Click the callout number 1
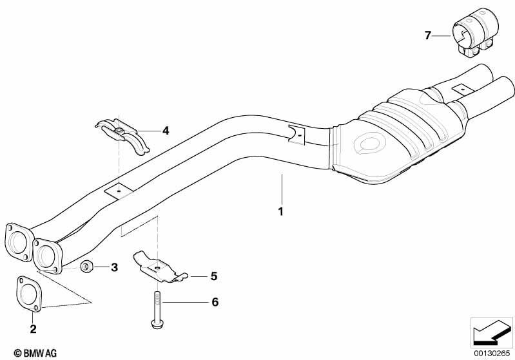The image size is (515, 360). pyautogui.click(x=280, y=211)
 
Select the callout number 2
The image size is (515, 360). pyautogui.click(x=33, y=328)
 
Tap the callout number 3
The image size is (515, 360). pyautogui.click(x=114, y=267)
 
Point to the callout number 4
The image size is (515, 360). pyautogui.click(x=166, y=131)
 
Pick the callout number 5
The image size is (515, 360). pyautogui.click(x=214, y=276)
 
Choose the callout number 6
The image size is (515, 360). pyautogui.click(x=215, y=302)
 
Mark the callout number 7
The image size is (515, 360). pyautogui.click(x=427, y=35)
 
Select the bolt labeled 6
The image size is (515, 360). pyautogui.click(x=157, y=309)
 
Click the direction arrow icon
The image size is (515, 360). pyautogui.click(x=491, y=333)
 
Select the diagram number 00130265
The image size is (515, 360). pyautogui.click(x=492, y=353)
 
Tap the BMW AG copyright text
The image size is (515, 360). pyautogui.click(x=35, y=353)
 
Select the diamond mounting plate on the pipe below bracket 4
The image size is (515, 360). pyautogui.click(x=119, y=191)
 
